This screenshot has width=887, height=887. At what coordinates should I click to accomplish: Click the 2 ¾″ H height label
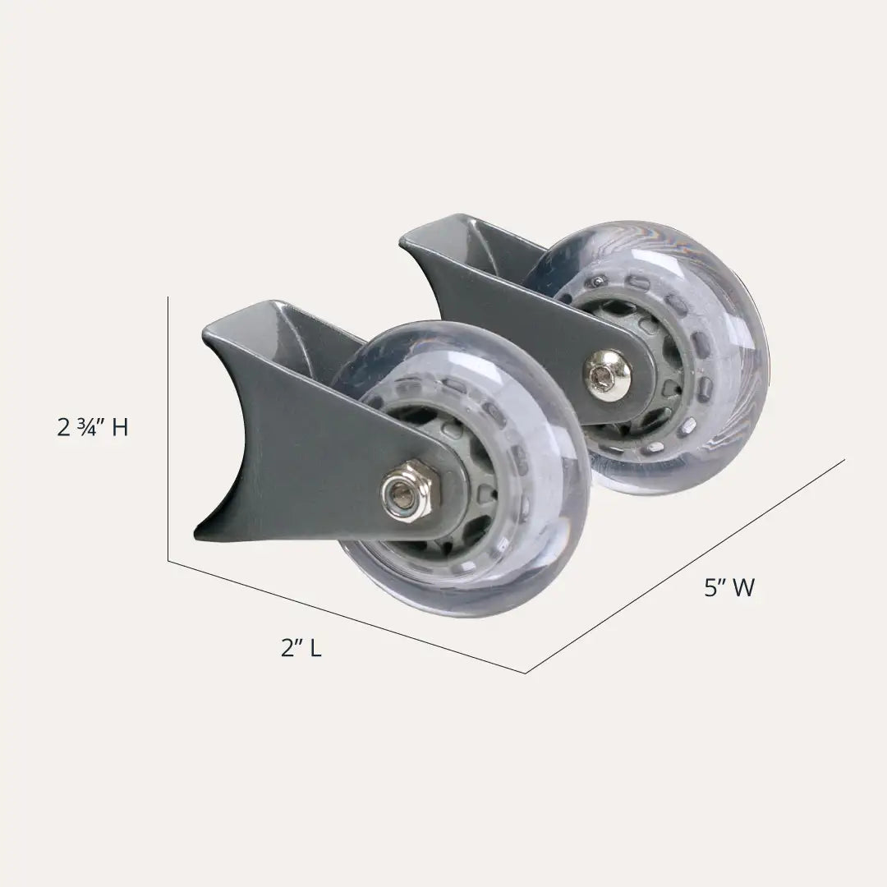click(x=93, y=426)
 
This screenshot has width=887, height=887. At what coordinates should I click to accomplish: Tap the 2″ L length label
click(x=301, y=648)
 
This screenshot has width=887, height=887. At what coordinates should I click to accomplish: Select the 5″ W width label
click(x=729, y=588)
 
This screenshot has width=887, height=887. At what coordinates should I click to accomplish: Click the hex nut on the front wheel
click(x=407, y=490)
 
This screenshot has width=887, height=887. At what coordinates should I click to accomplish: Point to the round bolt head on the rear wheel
click(x=607, y=372)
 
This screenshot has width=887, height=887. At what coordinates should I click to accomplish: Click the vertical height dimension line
click(x=168, y=428)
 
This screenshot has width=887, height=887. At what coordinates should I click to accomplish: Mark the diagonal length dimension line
click(x=347, y=617)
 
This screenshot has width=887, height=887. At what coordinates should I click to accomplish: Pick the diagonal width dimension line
click(x=686, y=566)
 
